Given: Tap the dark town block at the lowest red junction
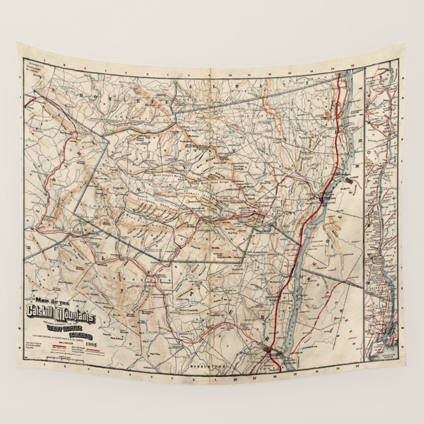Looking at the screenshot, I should tap(270, 352).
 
